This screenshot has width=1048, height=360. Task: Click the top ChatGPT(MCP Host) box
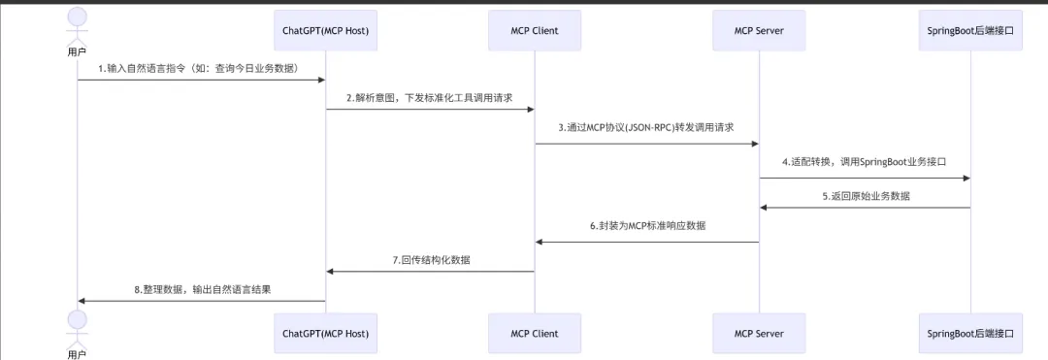(325, 30)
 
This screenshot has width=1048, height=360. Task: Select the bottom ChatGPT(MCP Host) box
(325, 333)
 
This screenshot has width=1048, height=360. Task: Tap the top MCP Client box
(534, 30)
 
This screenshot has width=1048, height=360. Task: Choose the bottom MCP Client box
(534, 333)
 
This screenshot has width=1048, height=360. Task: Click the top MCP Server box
(759, 30)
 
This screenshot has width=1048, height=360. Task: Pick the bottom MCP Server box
(759, 333)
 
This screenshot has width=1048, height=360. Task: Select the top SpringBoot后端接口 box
(970, 30)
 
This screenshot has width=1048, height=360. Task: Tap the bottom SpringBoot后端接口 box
(970, 333)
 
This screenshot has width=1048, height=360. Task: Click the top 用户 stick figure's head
(77, 16)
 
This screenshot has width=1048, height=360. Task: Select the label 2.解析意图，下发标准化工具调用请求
(430, 97)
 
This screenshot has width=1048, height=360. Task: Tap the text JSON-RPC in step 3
(674, 127)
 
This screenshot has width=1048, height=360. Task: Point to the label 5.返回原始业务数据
(866, 196)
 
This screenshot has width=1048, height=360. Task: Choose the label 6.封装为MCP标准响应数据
(647, 226)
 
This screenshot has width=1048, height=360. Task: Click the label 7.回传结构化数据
(431, 260)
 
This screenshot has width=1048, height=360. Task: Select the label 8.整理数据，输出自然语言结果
(202, 290)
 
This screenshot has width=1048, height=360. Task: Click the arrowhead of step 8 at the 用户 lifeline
(81, 301)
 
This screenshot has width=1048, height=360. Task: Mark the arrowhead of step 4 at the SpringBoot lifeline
(966, 179)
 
